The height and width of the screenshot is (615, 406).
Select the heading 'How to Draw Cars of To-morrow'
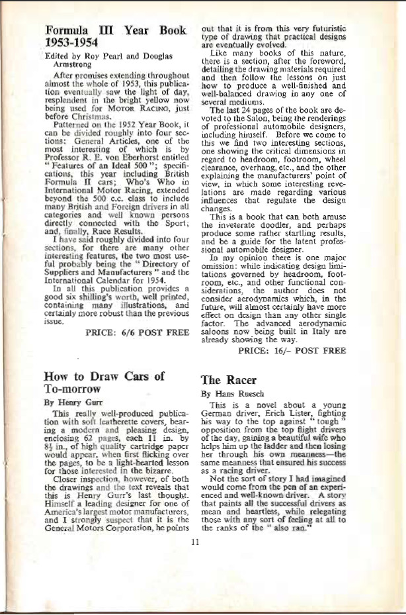pyautogui.click(x=104, y=383)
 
